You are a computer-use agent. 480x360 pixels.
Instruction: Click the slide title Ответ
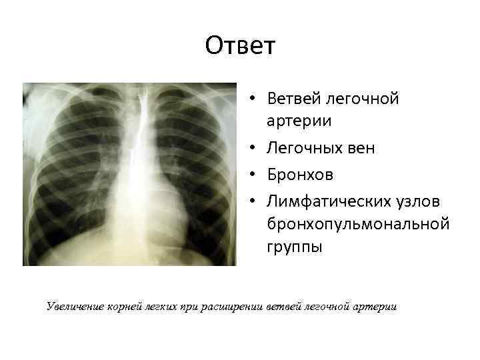point(240,46)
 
